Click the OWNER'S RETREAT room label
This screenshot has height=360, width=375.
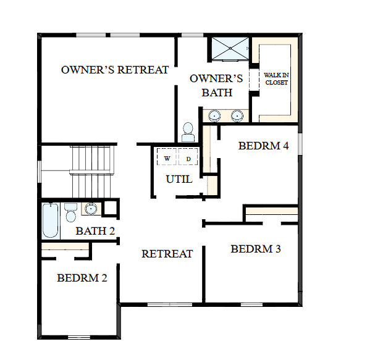click(115, 70)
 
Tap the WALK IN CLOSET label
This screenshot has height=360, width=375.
click(276, 78)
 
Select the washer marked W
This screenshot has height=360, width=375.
click(167, 157)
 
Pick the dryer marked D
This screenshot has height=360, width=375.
click(188, 157)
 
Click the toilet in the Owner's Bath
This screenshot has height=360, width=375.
click(188, 132)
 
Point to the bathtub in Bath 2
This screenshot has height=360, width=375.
click(50, 220)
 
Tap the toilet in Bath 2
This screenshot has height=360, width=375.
click(70, 212)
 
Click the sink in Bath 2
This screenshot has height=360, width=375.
click(91, 209)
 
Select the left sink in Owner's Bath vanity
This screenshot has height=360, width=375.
click(214, 115)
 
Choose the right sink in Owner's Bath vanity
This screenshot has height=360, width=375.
click(237, 115)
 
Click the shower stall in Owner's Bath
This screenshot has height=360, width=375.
click(230, 48)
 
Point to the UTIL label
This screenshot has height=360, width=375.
click(179, 179)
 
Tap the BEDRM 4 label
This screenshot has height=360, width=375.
click(264, 146)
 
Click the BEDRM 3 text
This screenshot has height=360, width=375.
click(256, 249)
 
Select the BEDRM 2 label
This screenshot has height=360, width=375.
click(82, 278)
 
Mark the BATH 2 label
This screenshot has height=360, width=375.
click(95, 231)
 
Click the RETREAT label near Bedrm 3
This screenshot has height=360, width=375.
click(167, 254)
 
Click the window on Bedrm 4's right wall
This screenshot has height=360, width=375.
click(300, 144)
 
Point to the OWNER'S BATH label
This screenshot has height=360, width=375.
click(216, 85)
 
